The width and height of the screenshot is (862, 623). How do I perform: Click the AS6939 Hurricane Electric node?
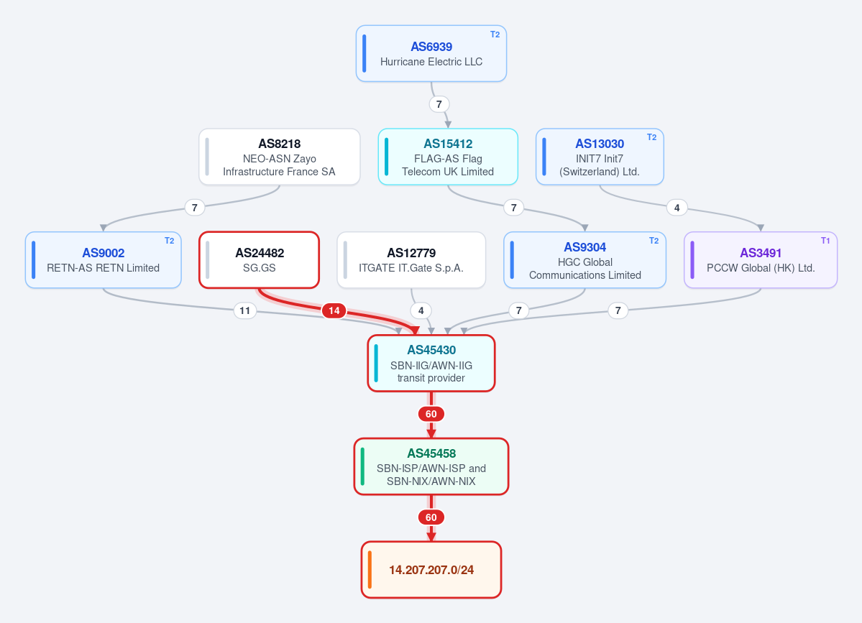pos(431,54)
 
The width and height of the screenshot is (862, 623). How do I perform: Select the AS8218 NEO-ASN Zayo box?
pos(279,157)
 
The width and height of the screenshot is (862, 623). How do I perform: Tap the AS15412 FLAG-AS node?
pos(448,157)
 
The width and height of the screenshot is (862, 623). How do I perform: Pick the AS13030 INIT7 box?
pos(600,157)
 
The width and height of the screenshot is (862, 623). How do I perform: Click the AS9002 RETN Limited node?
pos(104,260)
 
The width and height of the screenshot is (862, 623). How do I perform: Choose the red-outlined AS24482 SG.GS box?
pos(259,260)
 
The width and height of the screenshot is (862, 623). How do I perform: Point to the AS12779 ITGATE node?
pos(411,260)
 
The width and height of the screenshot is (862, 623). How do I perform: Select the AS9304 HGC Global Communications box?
pos(585,260)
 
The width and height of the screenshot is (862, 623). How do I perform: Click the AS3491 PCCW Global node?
pos(761,260)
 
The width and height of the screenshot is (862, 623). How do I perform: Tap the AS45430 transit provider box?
pos(431,363)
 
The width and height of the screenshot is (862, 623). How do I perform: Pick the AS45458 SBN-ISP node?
pos(431,466)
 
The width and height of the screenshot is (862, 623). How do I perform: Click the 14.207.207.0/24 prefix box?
pos(431,570)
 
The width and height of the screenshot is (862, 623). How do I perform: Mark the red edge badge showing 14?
pos(334,310)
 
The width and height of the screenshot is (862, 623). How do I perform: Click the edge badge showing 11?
pos(244,310)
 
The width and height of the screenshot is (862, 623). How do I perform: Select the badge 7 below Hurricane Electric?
pos(439,103)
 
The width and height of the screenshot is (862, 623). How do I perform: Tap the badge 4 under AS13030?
pos(677,208)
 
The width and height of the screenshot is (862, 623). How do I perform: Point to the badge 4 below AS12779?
pos(421,310)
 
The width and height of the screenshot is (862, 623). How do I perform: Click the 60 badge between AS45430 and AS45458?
pos(431,414)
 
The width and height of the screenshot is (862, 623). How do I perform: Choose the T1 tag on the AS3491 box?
pos(825,241)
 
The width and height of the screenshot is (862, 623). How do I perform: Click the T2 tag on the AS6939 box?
pos(495,34)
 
